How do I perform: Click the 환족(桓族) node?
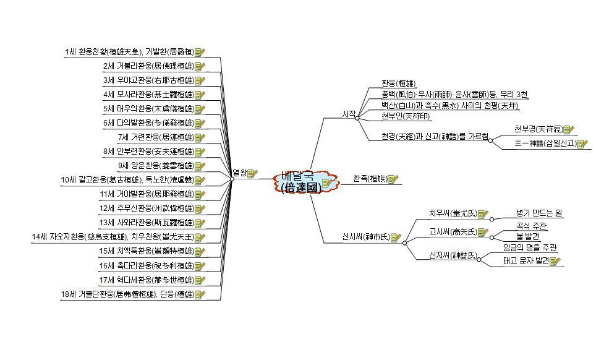[x=370, y=179]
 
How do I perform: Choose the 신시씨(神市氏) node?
[x=366, y=237]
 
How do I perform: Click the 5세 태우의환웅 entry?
[x=148, y=109]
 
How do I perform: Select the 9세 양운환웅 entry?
[x=155, y=166]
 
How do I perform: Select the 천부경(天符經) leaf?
[x=537, y=129]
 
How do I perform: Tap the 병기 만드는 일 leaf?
[x=539, y=213]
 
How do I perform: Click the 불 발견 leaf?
[x=527, y=236]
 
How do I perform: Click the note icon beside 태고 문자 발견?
[x=555, y=262]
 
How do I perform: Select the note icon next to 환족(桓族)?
[x=393, y=179]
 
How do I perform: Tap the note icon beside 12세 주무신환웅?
[x=199, y=208]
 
